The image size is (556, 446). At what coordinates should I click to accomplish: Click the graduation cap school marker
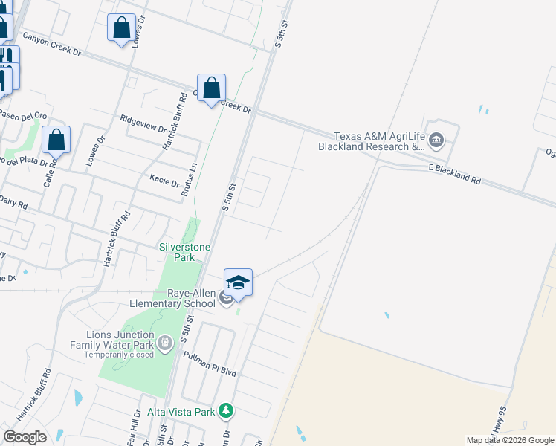[238, 282]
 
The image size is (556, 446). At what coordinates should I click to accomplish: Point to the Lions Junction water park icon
[165, 343]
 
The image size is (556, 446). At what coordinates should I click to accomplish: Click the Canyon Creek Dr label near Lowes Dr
[56, 46]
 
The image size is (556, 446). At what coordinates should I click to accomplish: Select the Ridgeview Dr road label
[143, 123]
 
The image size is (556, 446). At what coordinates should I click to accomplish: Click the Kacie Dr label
[164, 181]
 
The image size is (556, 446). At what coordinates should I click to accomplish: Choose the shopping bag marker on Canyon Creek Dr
[212, 88]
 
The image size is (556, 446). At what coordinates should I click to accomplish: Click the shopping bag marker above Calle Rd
[56, 140]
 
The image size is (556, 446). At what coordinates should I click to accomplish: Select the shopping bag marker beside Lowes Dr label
[121, 28]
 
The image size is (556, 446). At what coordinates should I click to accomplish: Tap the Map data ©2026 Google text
[509, 440]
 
